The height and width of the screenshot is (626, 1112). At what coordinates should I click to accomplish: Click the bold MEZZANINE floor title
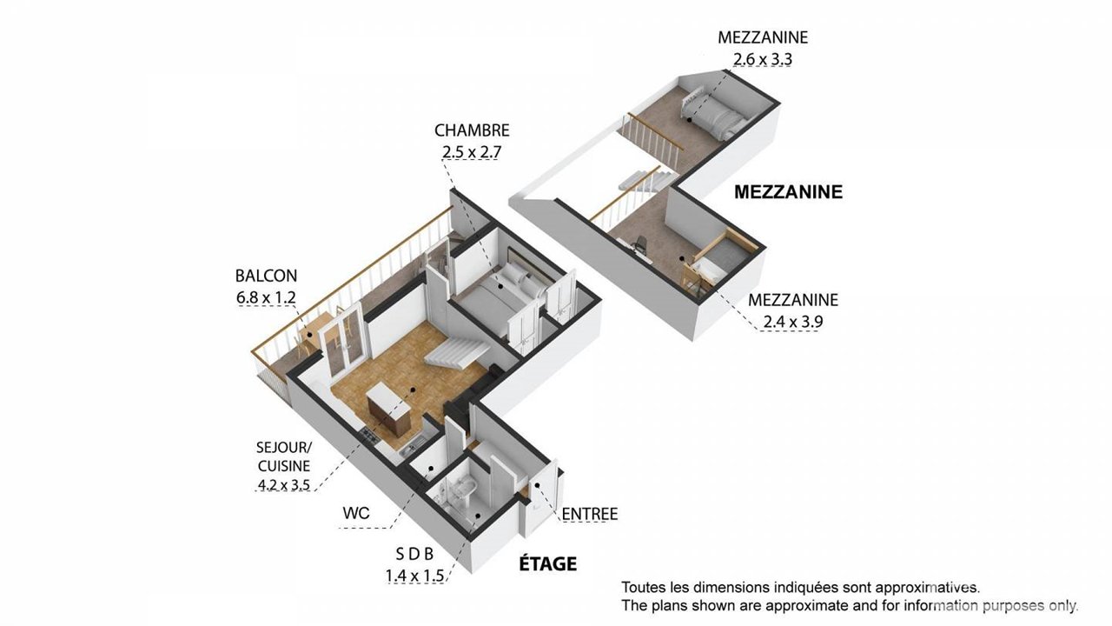point(788,192)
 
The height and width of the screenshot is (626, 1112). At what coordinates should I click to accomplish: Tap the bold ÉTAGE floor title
point(548,564)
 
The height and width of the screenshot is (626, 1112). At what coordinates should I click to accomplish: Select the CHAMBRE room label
point(472,130)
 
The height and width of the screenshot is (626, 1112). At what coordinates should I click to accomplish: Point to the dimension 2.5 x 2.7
point(472,152)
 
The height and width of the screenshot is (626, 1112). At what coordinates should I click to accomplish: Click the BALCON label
point(266,276)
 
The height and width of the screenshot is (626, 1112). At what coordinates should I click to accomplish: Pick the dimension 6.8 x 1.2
point(266,297)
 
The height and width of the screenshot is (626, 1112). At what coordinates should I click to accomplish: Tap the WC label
point(356,513)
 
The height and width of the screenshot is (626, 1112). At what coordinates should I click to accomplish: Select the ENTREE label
point(590,514)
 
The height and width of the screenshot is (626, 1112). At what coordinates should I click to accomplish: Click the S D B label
point(414,554)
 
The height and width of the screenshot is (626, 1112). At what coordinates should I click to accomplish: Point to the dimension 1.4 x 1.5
point(414,576)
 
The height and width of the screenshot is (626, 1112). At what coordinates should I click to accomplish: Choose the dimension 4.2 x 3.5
point(284,484)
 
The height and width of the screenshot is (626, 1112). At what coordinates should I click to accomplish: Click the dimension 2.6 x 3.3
point(763,60)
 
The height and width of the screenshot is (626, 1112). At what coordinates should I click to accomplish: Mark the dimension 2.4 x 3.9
point(793,322)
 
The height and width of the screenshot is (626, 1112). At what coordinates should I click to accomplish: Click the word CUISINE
point(284,466)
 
